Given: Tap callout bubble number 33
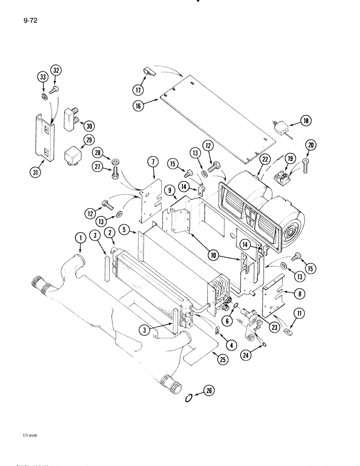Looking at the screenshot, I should click(42, 76).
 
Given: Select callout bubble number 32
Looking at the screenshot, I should click(56, 70).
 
